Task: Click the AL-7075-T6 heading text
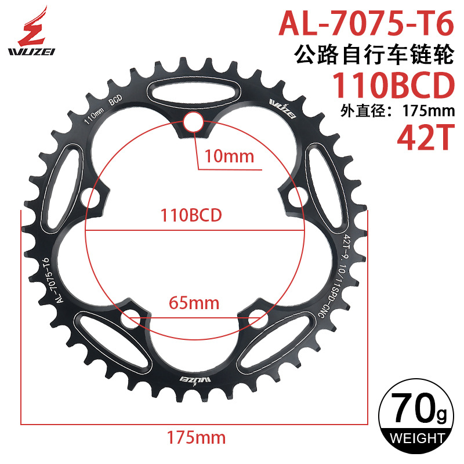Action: click(x=365, y=24)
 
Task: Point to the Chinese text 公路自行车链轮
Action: click(x=373, y=56)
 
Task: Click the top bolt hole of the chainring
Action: click(x=194, y=122)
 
